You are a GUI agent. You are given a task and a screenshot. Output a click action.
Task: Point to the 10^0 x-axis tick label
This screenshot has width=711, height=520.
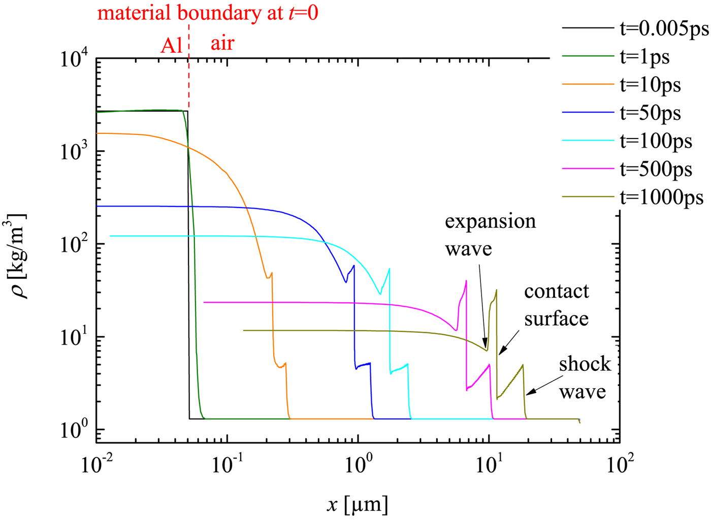(x=359, y=464)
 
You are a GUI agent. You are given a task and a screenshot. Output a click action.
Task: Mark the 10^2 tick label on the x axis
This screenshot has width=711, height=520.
(x=620, y=464)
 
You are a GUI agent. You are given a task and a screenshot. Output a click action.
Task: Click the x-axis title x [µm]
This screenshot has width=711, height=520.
(x=358, y=505)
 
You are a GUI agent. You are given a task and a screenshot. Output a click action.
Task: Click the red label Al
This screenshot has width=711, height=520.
(x=171, y=46)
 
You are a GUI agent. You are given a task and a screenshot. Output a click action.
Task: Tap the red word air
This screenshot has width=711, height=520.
(x=222, y=43)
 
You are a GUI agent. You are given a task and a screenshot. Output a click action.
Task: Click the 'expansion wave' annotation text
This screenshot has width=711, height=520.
(x=490, y=235)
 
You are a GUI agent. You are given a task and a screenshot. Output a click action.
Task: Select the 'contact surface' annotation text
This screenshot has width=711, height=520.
(x=557, y=305)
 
